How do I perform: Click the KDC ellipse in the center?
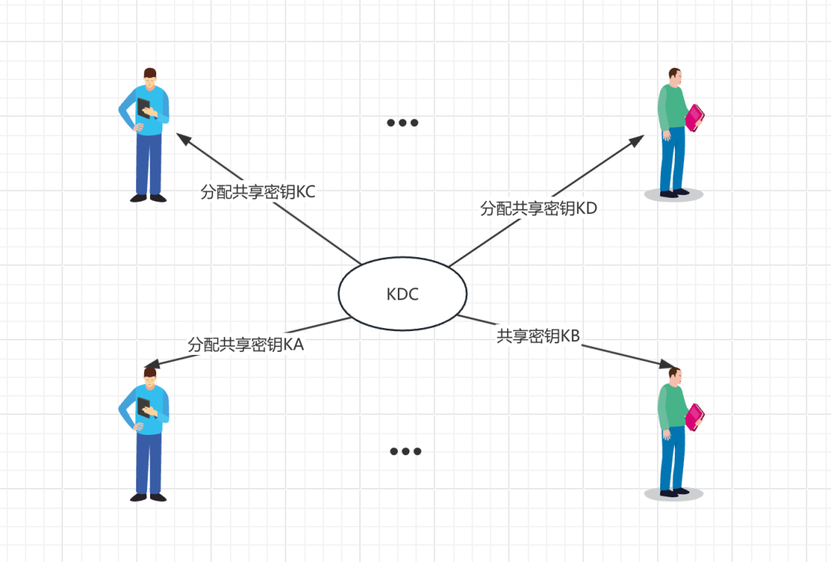tap(402, 293)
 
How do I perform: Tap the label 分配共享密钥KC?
tap(258, 192)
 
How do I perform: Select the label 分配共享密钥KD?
tap(539, 208)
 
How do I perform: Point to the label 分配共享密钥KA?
tap(245, 345)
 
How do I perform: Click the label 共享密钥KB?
tap(538, 336)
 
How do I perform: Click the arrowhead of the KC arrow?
tap(182, 137)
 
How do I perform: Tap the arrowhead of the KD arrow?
tap(639, 139)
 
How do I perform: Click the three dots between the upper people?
tap(402, 122)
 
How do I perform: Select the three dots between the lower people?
tap(405, 451)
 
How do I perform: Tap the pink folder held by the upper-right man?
tap(695, 117)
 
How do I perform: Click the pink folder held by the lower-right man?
tap(695, 416)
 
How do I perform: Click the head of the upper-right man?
tap(675, 77)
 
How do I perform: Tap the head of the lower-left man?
tap(150, 376)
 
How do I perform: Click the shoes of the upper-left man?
tap(148, 198)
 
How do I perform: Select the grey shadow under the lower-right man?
tap(673, 494)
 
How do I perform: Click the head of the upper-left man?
tap(150, 76)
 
